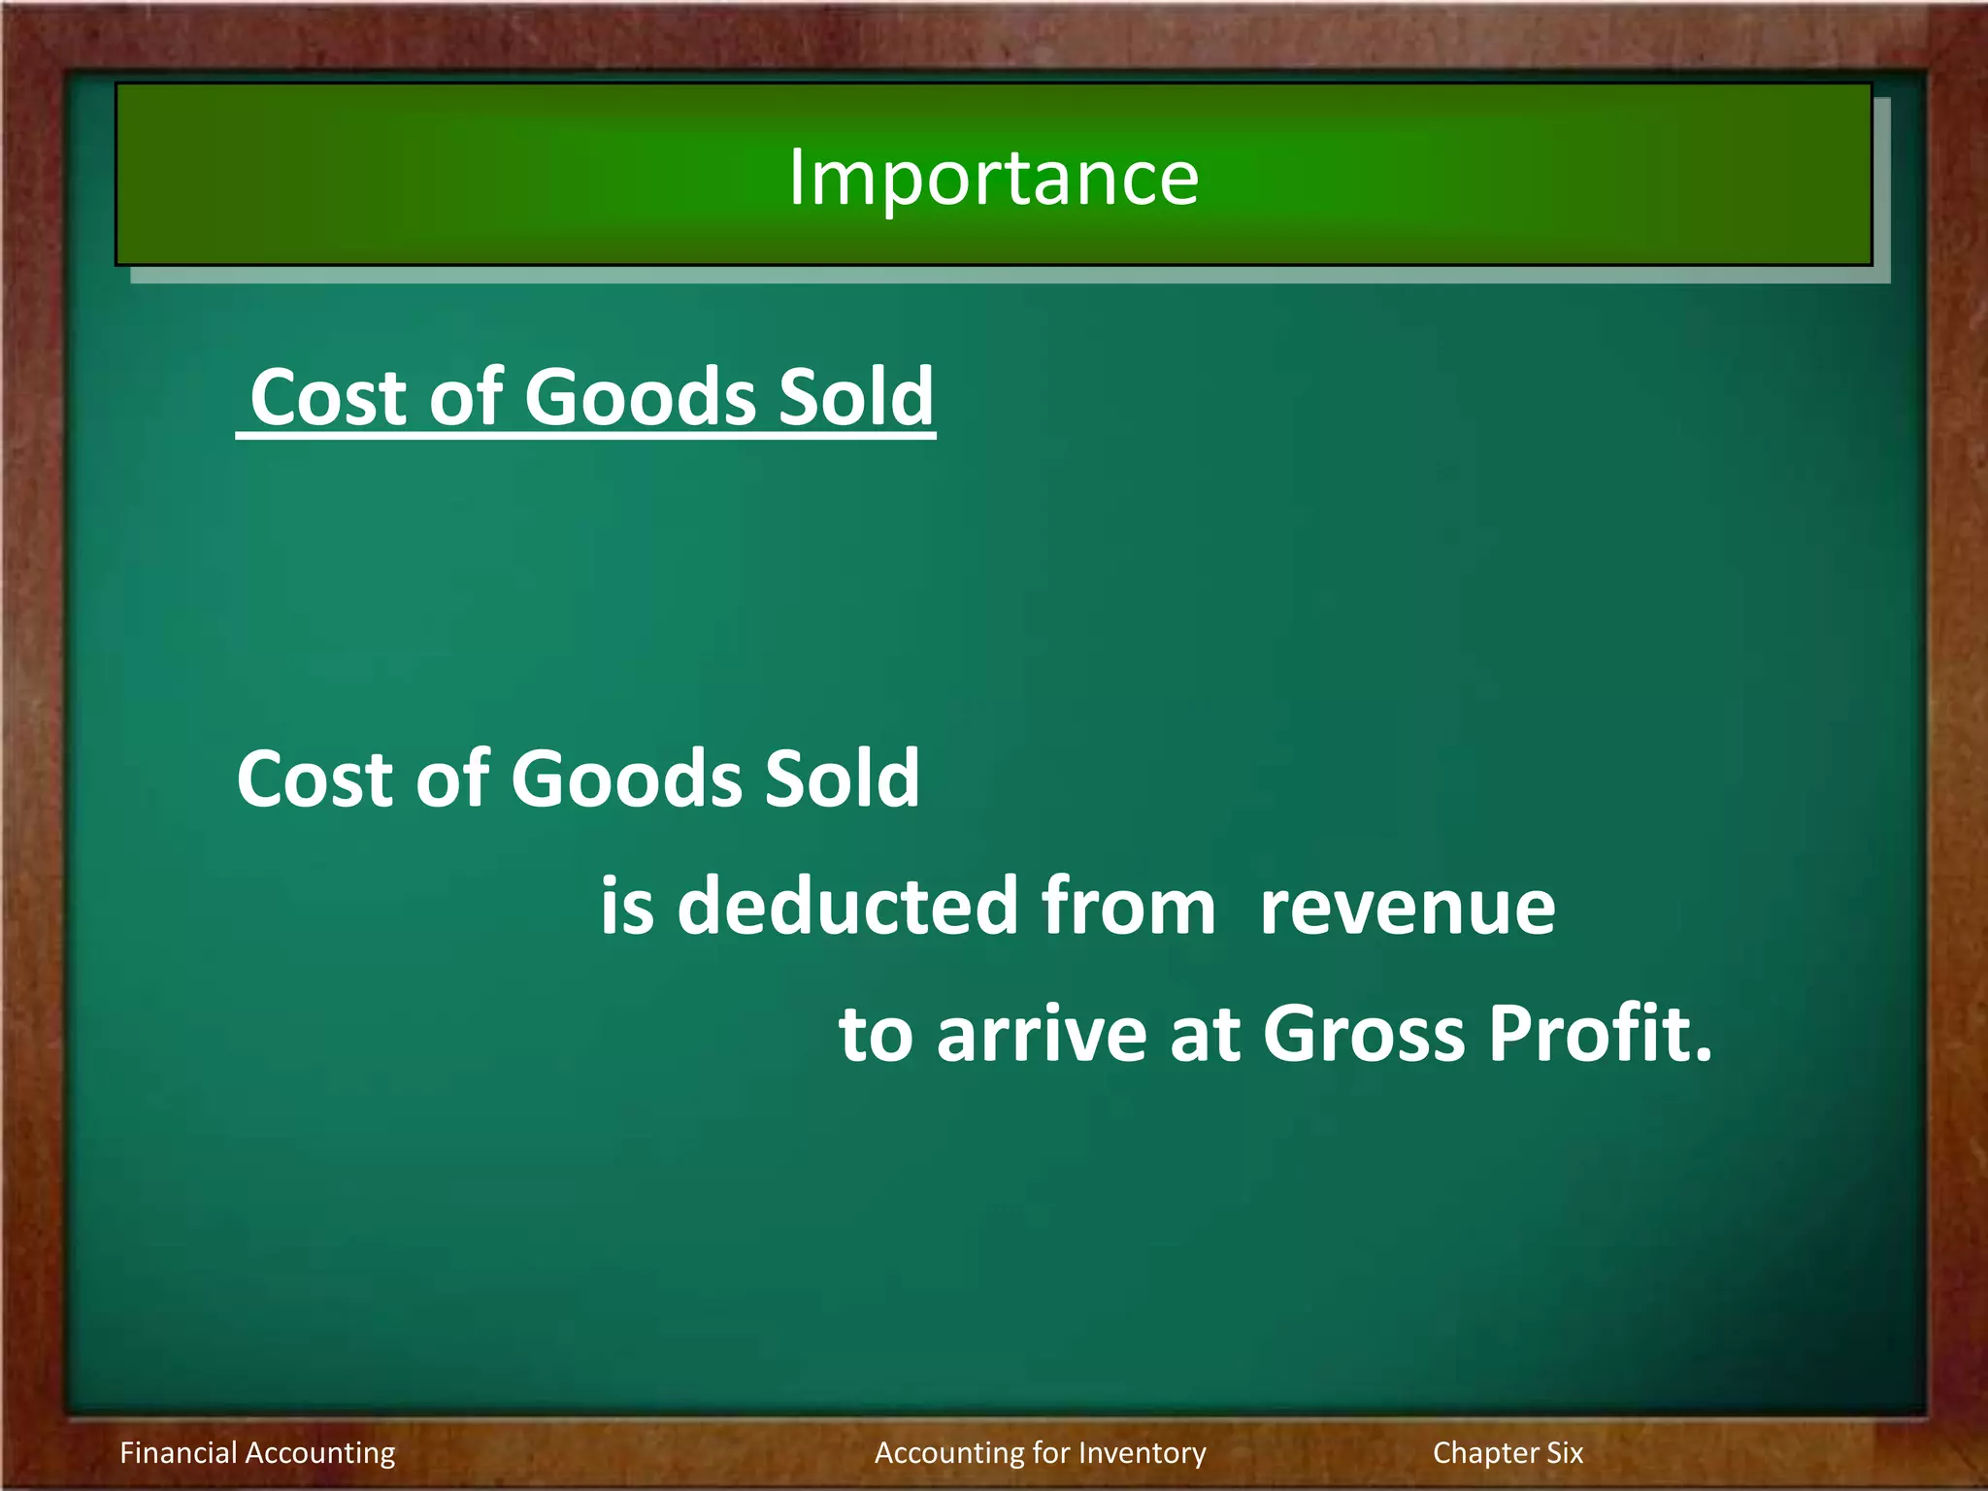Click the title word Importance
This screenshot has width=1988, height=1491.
tap(993, 179)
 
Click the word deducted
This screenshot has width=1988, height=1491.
tap(847, 906)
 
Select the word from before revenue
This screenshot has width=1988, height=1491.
tap(1128, 906)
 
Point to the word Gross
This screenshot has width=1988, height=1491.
tap(1363, 1034)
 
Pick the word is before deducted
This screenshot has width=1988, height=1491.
tap(626, 906)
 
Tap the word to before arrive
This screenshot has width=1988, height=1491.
tap(876, 1034)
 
